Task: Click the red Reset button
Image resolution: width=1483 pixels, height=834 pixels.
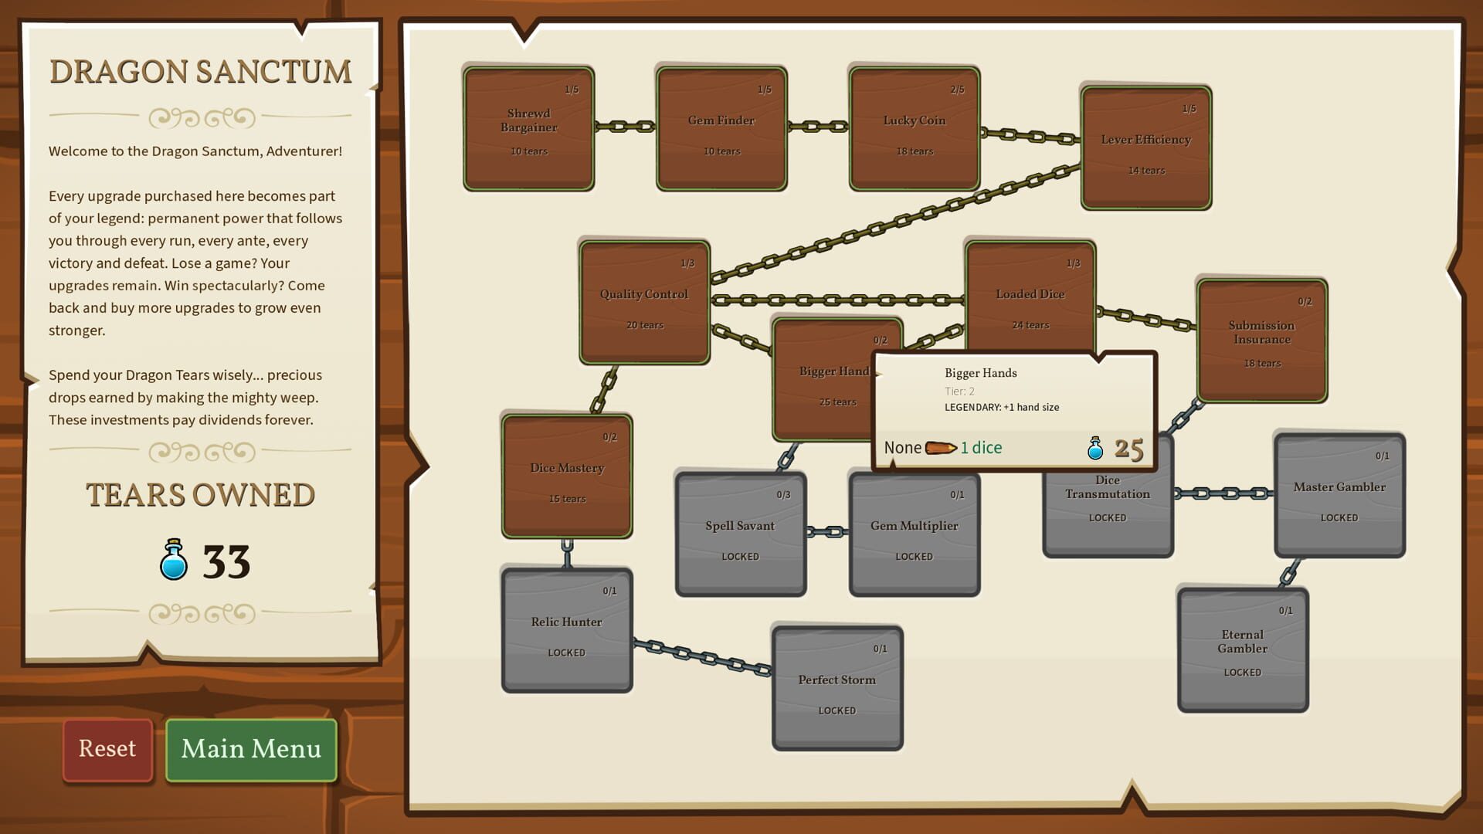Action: tap(107, 750)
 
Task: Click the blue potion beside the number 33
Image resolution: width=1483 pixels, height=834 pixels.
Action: tap(174, 561)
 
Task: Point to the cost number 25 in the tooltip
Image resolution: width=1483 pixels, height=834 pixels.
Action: tap(1128, 449)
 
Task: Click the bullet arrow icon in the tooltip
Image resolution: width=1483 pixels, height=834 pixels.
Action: tap(941, 448)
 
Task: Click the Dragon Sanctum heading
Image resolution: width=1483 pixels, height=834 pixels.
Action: tap(200, 72)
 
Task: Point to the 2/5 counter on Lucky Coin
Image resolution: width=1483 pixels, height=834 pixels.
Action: tap(957, 90)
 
